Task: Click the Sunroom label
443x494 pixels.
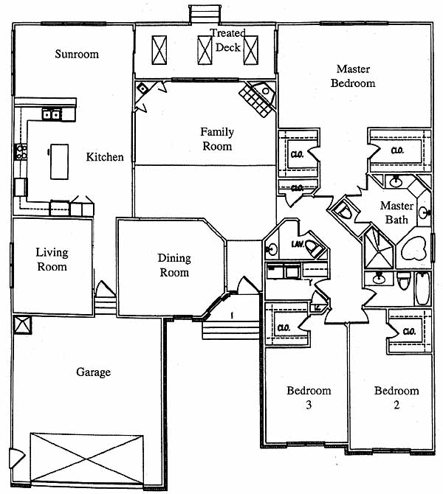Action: [77, 54]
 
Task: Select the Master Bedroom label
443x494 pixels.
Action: [352, 76]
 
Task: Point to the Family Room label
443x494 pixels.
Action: [217, 139]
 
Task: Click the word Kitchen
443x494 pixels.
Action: [105, 157]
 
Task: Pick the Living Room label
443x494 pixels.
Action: [52, 260]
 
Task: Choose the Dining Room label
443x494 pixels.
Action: [174, 265]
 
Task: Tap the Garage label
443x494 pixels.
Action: [93, 372]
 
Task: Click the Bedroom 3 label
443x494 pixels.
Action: [309, 397]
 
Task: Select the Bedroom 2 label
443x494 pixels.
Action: [396, 397]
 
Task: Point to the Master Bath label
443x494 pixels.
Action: [396, 212]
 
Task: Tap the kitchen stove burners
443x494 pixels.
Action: [21, 153]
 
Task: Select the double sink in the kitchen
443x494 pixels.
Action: [52, 115]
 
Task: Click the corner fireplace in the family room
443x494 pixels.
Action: [258, 97]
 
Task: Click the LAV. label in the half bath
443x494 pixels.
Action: [298, 243]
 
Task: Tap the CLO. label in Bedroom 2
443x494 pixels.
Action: [409, 332]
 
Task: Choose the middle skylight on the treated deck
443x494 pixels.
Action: [205, 50]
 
